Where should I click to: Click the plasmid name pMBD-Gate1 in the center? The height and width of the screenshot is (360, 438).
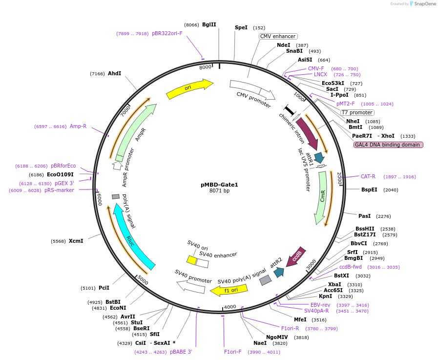point(219,185)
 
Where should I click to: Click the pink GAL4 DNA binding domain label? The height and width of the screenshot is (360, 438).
point(388,145)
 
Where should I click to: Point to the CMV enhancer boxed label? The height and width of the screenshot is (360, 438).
point(278,36)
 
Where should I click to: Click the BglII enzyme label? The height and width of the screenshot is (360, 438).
point(209,24)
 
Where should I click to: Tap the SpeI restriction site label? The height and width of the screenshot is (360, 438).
point(241,27)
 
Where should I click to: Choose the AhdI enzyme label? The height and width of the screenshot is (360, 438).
point(114,73)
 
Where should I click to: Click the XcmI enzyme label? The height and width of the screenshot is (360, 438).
point(76,241)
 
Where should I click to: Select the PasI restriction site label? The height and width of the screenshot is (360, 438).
point(364,216)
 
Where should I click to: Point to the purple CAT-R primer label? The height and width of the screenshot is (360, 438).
point(368,176)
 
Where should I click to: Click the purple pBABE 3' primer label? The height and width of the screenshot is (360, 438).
point(181,352)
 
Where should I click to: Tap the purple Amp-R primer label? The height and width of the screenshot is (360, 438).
point(78,126)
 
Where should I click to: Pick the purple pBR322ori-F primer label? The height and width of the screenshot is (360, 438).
point(167,34)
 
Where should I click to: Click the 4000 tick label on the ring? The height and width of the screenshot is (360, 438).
point(230,307)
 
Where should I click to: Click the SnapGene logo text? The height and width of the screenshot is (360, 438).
point(423,4)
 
